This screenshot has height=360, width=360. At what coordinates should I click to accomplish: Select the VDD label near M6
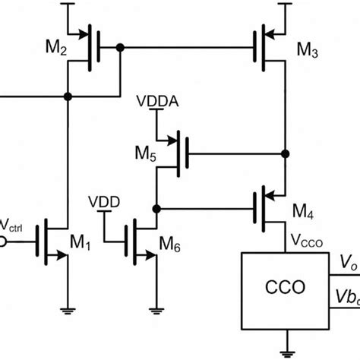(103, 203)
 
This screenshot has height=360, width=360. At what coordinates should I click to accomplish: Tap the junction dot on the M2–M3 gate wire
(120, 47)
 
